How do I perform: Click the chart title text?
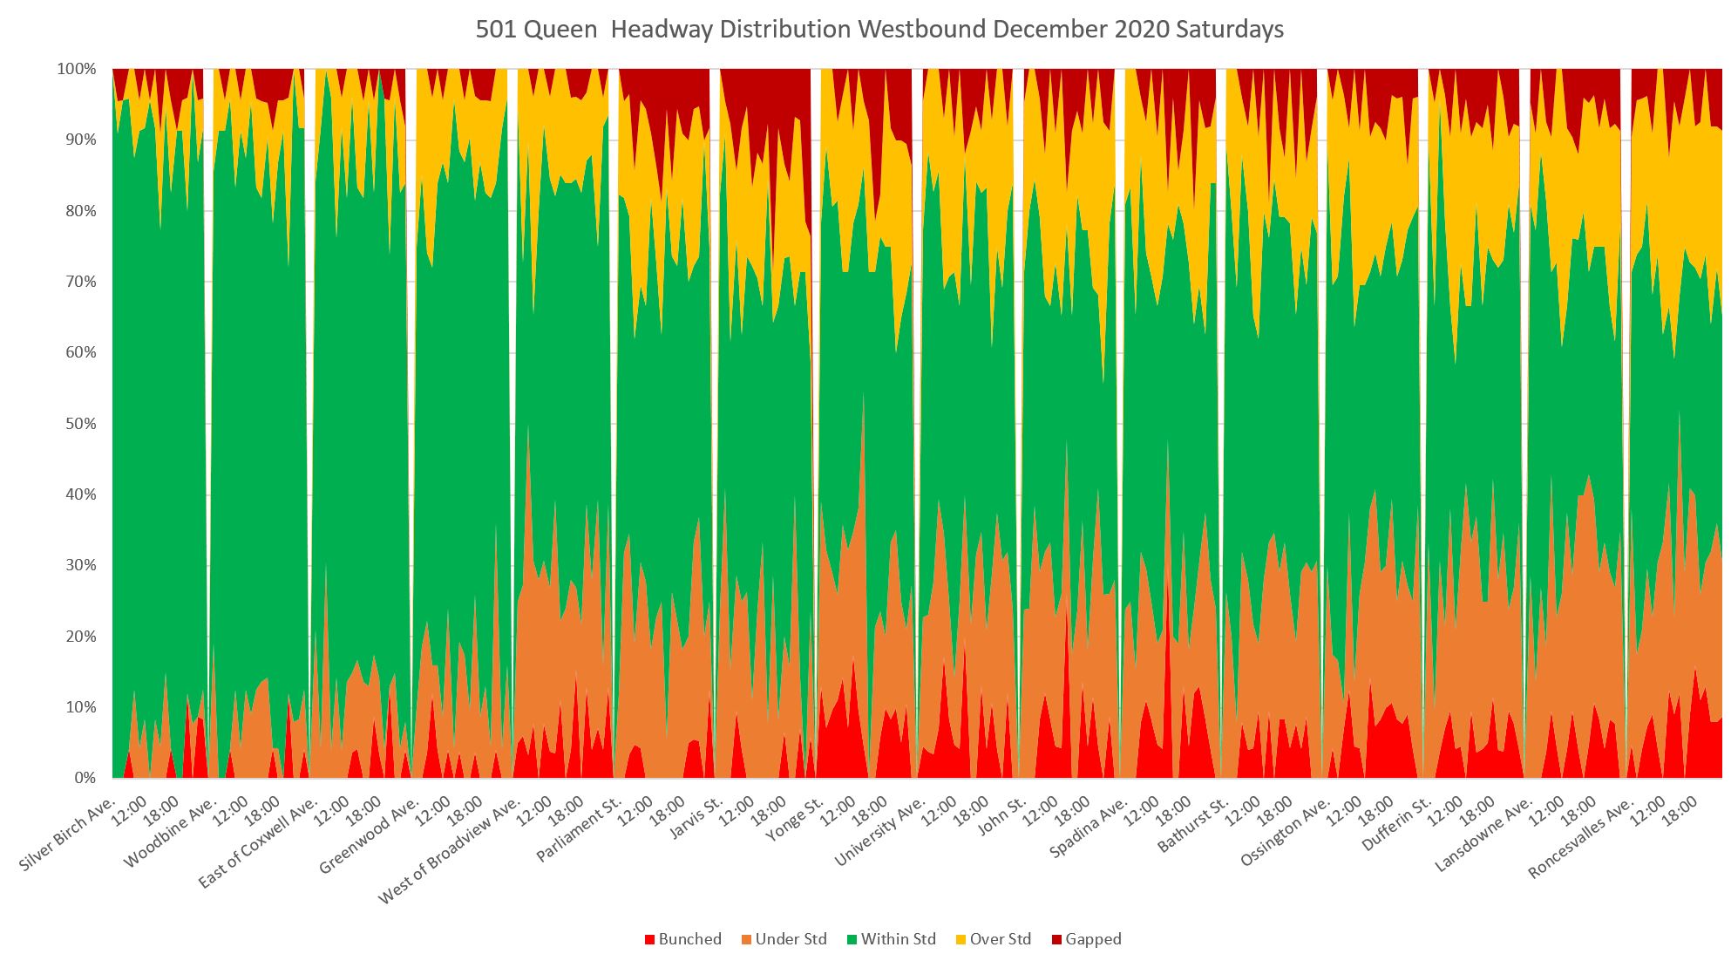pyautogui.click(x=879, y=30)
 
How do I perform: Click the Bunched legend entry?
pyautogui.click(x=682, y=939)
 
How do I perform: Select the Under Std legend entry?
pyautogui.click(x=783, y=939)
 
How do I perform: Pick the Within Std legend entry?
pyautogui.click(x=890, y=939)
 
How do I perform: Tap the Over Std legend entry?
pyautogui.click(x=993, y=939)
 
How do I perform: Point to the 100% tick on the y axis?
pyautogui.click(x=77, y=69)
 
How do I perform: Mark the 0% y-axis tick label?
pyautogui.click(x=85, y=778)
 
